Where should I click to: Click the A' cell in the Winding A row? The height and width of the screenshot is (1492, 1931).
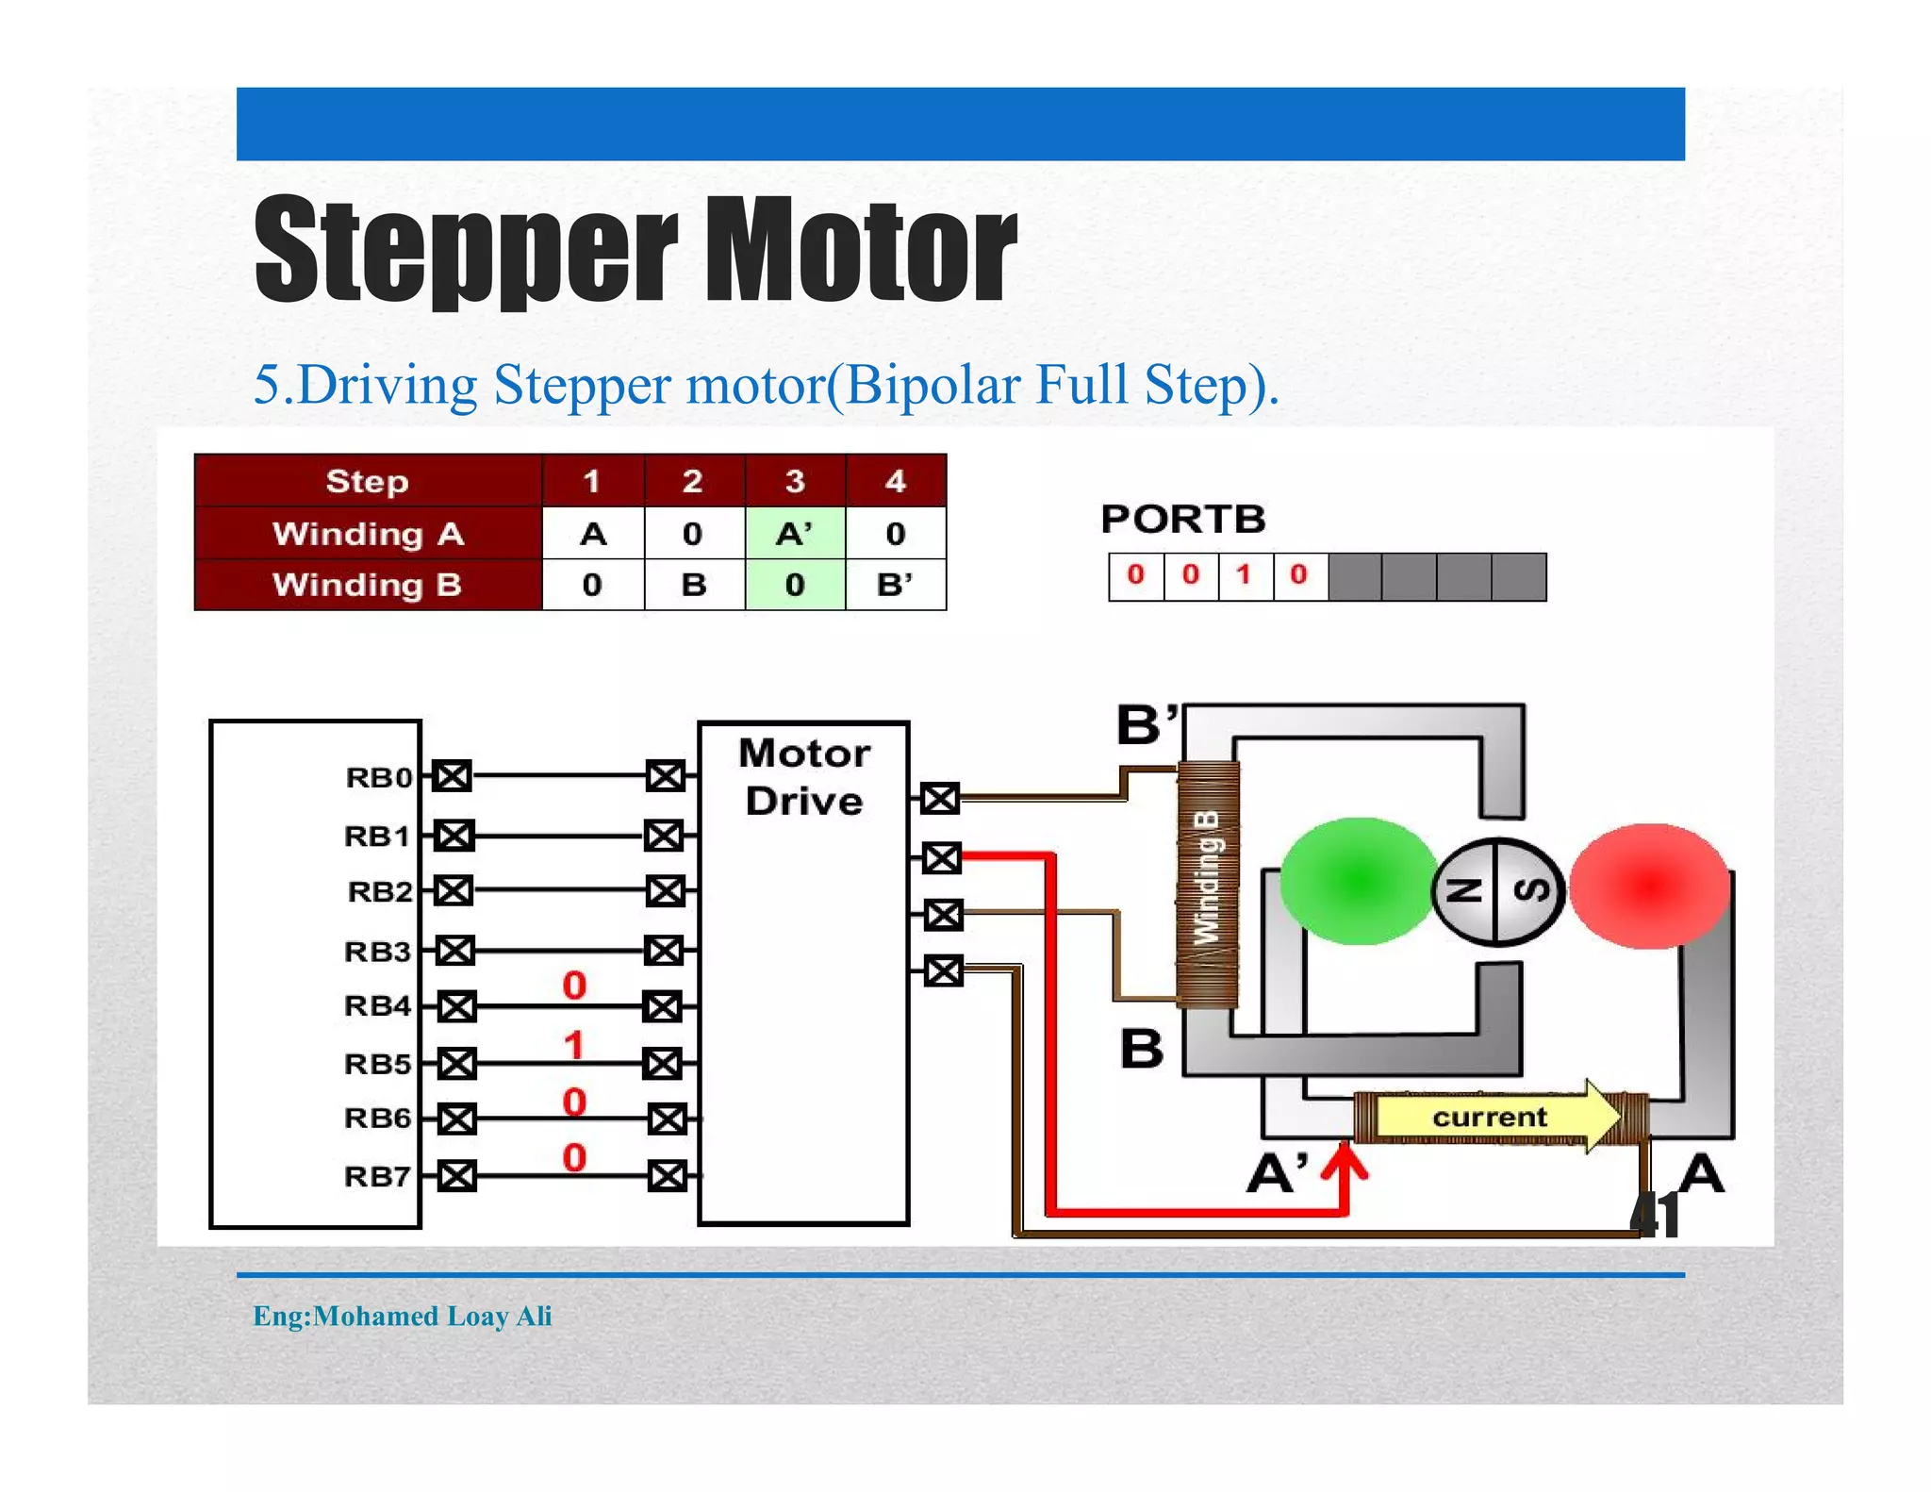pos(794,534)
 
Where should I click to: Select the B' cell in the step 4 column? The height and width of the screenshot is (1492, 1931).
pos(895,585)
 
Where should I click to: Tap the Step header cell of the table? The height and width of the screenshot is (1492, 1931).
pos(367,481)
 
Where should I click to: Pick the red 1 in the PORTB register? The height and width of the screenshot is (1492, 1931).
pos(1244,574)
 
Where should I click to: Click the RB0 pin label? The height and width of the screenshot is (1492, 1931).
pos(379,777)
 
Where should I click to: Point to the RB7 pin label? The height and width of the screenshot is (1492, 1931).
pos(377,1176)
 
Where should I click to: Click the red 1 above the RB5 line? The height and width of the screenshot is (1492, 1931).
pos(573,1045)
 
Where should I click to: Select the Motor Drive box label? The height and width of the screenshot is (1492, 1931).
pos(803,777)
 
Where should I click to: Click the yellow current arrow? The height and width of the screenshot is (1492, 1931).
pos(1494,1117)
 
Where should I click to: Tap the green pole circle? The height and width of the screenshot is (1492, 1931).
pos(1358,881)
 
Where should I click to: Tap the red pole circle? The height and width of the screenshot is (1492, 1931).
pos(1649,886)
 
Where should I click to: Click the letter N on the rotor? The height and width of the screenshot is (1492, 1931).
pos(1464,890)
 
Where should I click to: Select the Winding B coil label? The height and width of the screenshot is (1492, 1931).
pos(1207,877)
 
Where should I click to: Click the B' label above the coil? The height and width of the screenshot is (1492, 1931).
pos(1147,724)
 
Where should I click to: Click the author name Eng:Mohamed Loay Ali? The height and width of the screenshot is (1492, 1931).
pos(403,1316)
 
